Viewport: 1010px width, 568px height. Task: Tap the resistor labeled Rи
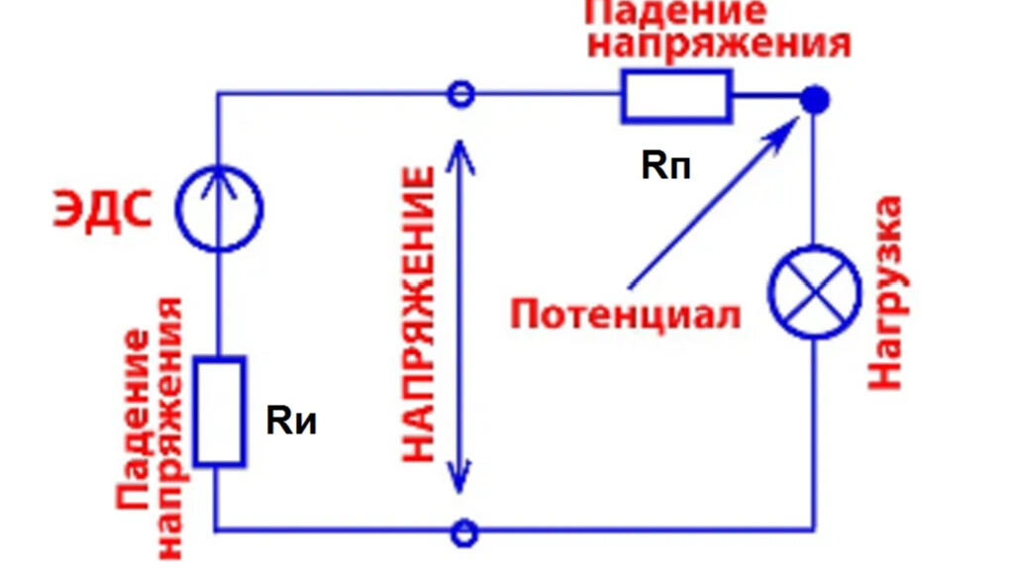tap(219, 412)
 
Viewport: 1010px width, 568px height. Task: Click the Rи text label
tap(292, 422)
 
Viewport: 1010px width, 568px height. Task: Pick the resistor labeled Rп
tap(676, 96)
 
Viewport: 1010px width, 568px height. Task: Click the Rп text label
tap(665, 165)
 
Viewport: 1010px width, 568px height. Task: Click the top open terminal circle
tap(461, 95)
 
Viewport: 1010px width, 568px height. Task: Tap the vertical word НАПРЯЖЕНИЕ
tap(418, 315)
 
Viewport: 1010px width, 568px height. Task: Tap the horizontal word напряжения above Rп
tap(726, 44)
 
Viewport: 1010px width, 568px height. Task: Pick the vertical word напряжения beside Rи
tap(167, 426)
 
